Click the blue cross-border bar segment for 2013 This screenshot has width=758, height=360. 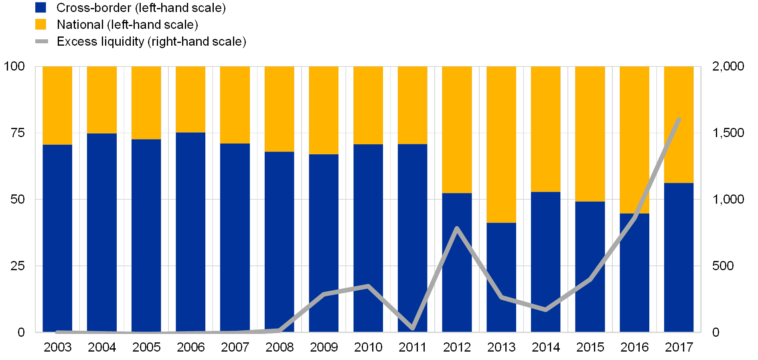click(x=501, y=277)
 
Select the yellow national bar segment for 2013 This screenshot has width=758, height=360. click(x=501, y=144)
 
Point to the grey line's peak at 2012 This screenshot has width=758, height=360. click(x=457, y=228)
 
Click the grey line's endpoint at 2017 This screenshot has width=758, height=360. click(x=679, y=119)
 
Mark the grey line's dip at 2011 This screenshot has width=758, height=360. click(x=413, y=328)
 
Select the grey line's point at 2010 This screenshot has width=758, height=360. click(x=368, y=286)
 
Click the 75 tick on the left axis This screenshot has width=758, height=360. click(x=18, y=133)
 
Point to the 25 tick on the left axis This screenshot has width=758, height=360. click(x=18, y=265)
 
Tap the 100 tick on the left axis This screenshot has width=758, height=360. click(x=15, y=66)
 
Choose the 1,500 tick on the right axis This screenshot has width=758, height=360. click(x=728, y=133)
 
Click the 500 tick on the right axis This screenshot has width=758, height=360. click(x=723, y=265)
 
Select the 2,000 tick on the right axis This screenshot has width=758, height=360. click(x=728, y=66)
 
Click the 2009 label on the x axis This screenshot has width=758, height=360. click(x=324, y=347)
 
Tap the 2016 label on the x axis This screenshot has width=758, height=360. click(x=634, y=347)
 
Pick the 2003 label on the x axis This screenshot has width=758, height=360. click(x=58, y=347)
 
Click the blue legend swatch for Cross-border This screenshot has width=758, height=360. click(x=41, y=8)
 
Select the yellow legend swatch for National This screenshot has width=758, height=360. click(x=41, y=24)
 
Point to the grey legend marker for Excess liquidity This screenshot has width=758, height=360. click(x=42, y=41)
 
